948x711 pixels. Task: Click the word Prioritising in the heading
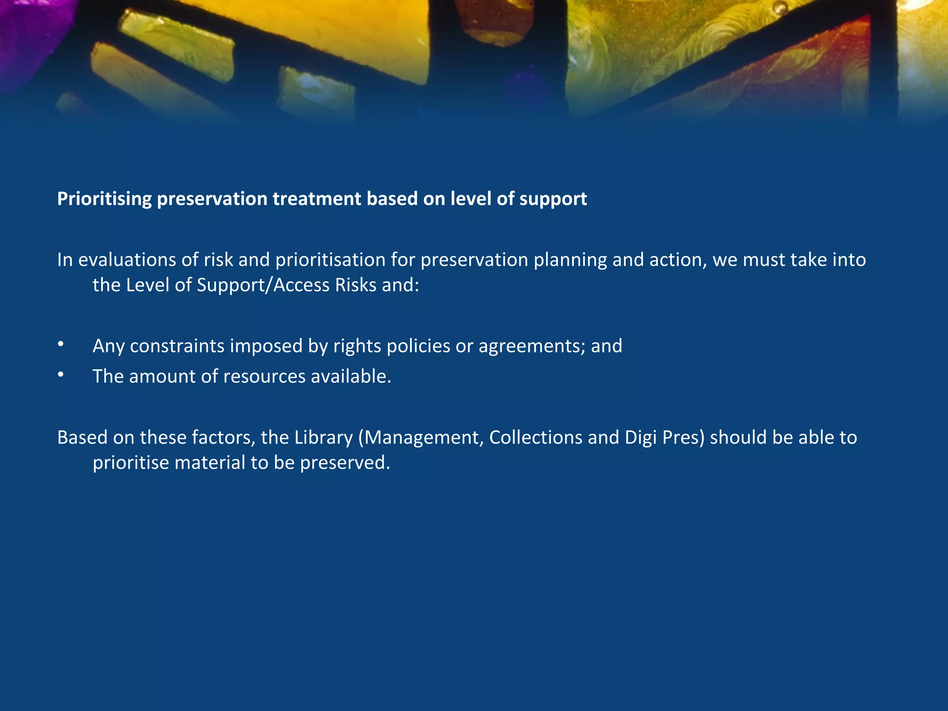tap(104, 199)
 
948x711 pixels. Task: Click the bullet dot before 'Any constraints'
tap(61, 344)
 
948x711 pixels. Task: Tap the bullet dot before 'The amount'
tap(61, 375)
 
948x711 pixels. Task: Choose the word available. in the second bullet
tap(351, 377)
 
